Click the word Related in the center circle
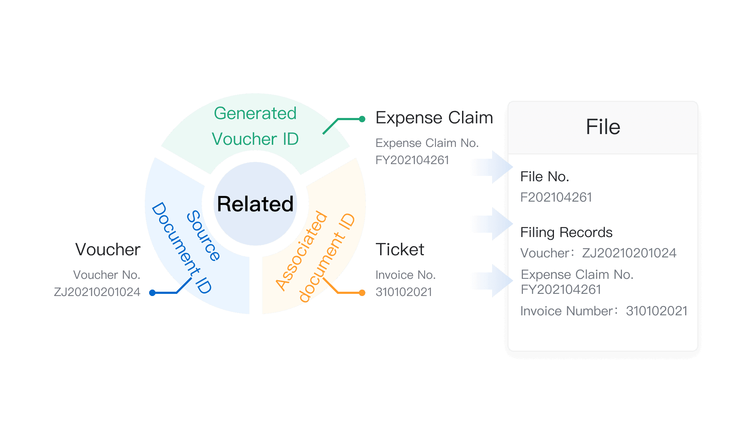pos(255,204)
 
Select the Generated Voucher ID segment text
pos(255,126)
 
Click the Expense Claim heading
pos(434,118)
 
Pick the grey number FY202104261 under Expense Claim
pos(412,160)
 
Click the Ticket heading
pos(400,249)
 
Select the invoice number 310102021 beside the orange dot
pos(404,292)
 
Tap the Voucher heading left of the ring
pos(108,249)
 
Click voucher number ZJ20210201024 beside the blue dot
pos(97,292)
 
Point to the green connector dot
pos(362,119)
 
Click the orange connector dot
pos(362,293)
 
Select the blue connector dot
pos(152,293)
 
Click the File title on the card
pos(603,127)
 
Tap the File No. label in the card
pos(545,177)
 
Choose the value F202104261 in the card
pos(556,197)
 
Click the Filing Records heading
pos(566,232)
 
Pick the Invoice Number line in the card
pos(604,311)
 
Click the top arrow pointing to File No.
pos(490,167)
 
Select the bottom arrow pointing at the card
pos(490,281)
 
